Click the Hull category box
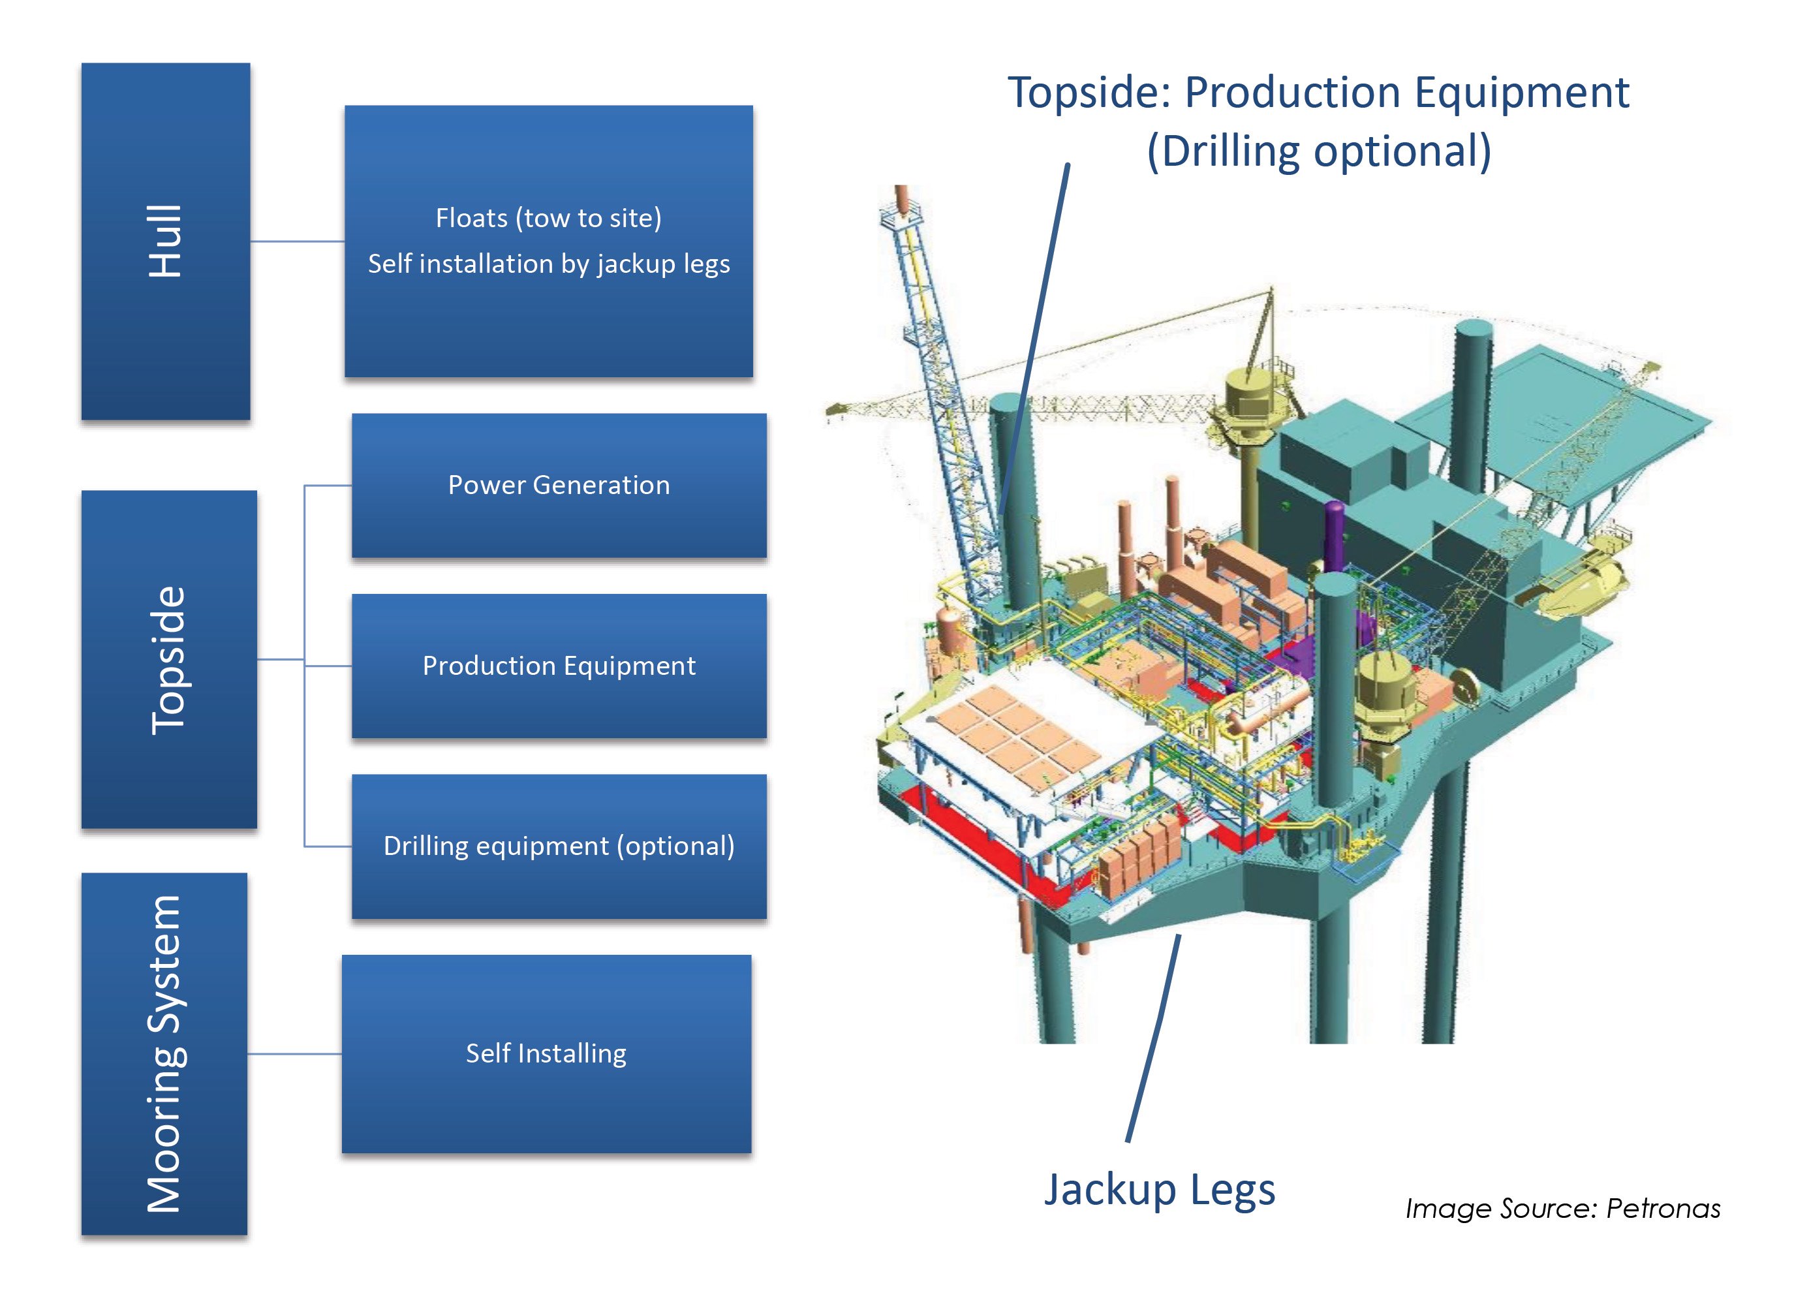[x=165, y=241]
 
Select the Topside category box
[x=168, y=660]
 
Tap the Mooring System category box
[x=164, y=1053]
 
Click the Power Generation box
[x=559, y=485]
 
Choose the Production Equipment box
[x=559, y=665]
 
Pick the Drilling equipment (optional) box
[x=559, y=846]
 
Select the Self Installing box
[x=546, y=1053]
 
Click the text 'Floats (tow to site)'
[x=548, y=218]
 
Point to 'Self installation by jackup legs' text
[x=548, y=264]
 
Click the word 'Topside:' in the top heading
[x=1089, y=93]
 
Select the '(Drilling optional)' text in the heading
[x=1318, y=151]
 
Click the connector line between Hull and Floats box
[x=297, y=241]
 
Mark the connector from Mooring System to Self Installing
[x=294, y=1053]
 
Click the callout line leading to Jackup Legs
[x=1152, y=1037]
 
